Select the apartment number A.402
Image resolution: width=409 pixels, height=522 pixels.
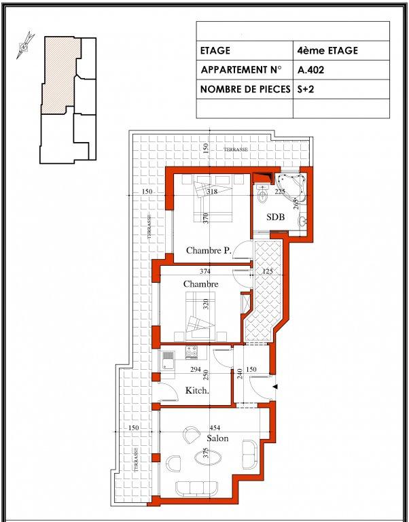[311, 70]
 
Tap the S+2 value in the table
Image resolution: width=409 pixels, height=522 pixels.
[306, 89]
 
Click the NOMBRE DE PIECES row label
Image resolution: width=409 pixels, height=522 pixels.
[245, 89]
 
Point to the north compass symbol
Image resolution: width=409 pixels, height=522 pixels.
[24, 46]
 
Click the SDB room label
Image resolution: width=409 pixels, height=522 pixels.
[276, 217]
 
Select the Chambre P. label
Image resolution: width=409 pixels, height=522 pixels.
[209, 250]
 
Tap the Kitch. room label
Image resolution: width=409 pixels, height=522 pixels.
[197, 391]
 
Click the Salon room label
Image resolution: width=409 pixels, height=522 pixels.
[217, 438]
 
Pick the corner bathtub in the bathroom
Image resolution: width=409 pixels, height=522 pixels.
[291, 187]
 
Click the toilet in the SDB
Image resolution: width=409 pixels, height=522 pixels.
[263, 195]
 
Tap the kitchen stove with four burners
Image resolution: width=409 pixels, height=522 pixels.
[191, 352]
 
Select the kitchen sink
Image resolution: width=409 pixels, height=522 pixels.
[168, 360]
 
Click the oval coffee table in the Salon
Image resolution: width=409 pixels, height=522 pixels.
[208, 457]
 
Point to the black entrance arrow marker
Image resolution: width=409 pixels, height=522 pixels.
[275, 387]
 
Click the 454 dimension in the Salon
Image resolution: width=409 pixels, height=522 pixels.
[215, 428]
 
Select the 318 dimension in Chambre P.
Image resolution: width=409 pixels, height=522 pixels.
[212, 192]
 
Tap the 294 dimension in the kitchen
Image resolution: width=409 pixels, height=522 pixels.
[196, 369]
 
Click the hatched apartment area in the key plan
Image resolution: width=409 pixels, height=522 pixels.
[60, 73]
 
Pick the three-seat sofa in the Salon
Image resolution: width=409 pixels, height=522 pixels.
[194, 489]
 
